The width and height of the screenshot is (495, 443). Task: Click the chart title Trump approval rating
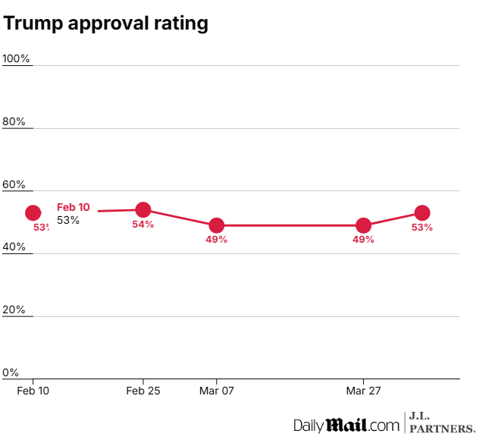105,24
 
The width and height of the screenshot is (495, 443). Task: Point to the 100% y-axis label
17,59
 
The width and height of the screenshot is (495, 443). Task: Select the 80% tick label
14,122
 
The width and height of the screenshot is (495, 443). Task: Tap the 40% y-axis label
14,247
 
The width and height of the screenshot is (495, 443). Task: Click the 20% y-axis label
14,310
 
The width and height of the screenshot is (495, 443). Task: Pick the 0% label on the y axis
11,372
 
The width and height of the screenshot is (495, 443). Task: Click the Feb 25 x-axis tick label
143,391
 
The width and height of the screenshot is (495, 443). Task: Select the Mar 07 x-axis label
217,391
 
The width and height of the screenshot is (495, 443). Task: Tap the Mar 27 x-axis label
364,391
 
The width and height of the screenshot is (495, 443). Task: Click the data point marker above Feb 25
143,209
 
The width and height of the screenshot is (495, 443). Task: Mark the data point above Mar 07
217,225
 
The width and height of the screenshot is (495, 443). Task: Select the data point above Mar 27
364,225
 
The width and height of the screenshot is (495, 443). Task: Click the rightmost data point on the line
422,213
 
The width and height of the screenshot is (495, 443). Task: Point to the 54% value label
143,225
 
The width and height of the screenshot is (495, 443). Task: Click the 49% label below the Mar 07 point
217,240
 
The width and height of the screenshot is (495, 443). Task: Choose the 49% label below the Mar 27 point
364,240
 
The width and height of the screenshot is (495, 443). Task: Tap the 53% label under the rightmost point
422,228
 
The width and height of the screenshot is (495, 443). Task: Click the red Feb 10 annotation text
74,207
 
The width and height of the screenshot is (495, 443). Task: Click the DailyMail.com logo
346,425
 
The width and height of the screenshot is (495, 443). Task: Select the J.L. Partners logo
443,423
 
